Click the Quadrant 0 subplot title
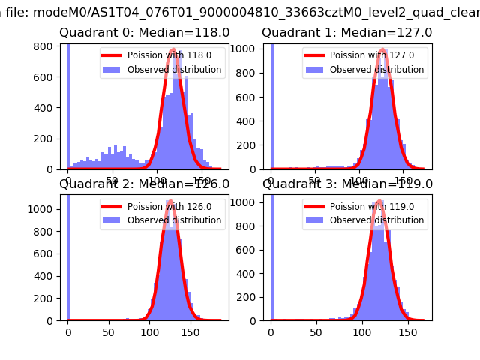pos(144,33)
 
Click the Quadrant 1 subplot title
pos(346,33)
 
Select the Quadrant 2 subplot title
pos(144,184)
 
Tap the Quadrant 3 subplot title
pos(348,184)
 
